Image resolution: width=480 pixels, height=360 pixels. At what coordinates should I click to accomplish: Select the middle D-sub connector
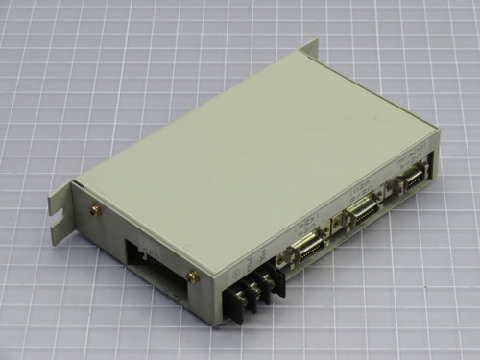(x=363, y=212)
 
